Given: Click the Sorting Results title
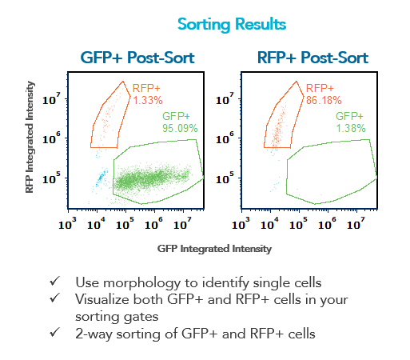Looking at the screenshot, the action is [232, 25].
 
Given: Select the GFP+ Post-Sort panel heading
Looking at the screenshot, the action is [137, 58].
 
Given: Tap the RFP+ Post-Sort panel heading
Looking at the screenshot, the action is [312, 58].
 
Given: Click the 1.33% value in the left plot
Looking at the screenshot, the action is [148, 101].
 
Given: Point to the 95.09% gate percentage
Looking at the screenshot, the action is [180, 128].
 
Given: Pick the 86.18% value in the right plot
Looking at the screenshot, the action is [324, 101].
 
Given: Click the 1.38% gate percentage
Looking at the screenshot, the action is [351, 128].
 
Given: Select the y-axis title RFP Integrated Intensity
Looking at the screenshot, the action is [30, 137].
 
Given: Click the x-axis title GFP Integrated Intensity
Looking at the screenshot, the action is [214, 249].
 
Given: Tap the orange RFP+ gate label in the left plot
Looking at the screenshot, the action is [146, 88].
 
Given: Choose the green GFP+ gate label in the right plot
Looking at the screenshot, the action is [349, 116].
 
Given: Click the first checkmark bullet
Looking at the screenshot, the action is [54, 282].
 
